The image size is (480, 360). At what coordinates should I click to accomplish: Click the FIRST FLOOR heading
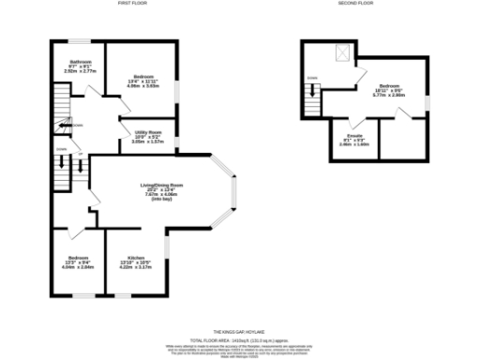point(131,5)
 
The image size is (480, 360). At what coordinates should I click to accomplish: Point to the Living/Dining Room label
point(162,186)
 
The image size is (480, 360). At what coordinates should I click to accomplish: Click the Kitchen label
point(136,257)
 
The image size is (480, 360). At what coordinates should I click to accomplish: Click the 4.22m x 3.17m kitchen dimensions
point(136,266)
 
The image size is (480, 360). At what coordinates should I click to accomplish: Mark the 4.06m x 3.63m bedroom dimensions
point(143,85)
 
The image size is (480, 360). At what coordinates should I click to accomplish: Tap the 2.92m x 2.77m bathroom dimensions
point(78,71)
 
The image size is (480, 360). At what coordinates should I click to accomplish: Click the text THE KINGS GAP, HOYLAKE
point(241,332)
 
